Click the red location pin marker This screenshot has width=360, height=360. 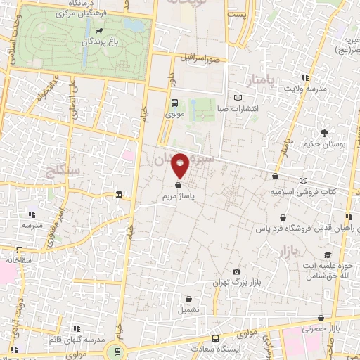(x=181, y=166)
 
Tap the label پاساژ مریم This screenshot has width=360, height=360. (x=180, y=197)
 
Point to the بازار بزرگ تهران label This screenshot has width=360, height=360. (x=236, y=283)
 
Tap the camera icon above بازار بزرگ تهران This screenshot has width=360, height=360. (x=236, y=272)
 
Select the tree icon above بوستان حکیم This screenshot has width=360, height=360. (x=324, y=132)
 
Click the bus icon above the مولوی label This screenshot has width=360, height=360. (x=175, y=102)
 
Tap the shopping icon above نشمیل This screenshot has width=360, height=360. (x=188, y=299)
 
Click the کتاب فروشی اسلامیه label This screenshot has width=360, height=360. (x=304, y=191)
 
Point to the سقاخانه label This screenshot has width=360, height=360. (x=20, y=260)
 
